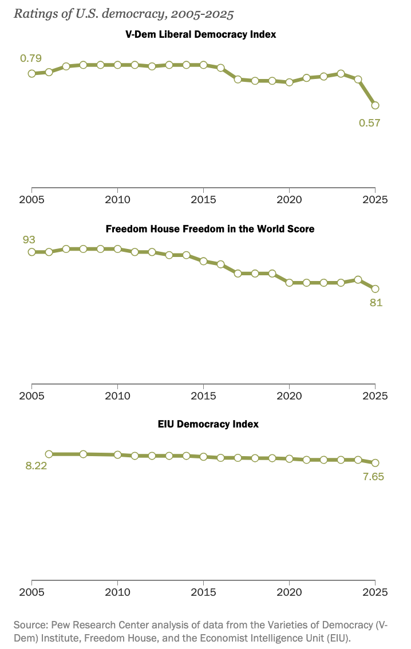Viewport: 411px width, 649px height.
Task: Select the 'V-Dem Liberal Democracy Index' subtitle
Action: tap(200, 34)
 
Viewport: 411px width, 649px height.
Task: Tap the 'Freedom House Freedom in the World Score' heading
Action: tap(210, 229)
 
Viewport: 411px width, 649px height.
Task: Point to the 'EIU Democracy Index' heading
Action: tap(208, 424)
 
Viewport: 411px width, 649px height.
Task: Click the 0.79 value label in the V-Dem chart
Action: tap(31, 58)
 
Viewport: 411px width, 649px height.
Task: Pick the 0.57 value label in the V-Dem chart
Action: tap(370, 122)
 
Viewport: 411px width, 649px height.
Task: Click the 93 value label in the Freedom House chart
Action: tap(29, 239)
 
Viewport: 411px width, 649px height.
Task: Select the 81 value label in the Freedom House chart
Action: tap(376, 303)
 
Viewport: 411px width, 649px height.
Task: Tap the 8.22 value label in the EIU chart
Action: tap(35, 466)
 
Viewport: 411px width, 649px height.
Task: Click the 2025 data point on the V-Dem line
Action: tap(375, 105)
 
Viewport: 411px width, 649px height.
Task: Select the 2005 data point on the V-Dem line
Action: tap(32, 73)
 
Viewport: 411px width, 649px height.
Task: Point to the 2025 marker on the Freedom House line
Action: tap(375, 289)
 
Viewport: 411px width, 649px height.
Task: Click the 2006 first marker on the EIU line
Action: tap(49, 454)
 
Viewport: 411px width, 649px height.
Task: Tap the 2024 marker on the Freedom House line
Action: tap(358, 279)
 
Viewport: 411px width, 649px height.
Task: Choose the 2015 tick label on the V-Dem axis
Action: tap(203, 200)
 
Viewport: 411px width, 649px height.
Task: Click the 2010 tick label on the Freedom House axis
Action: tap(117, 395)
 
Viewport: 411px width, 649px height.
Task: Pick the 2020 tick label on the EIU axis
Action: tap(289, 591)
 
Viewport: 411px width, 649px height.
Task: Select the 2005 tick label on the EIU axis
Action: tap(32, 591)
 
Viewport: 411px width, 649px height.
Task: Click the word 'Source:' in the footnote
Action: tap(30, 623)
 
